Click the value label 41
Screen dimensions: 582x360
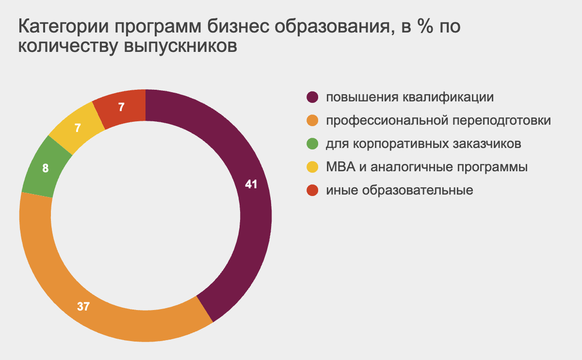click(251, 184)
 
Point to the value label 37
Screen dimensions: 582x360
click(83, 307)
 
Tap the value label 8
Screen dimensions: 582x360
click(46, 168)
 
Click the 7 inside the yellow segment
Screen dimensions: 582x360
click(78, 128)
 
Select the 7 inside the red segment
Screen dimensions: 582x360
click(121, 107)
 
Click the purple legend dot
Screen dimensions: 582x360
click(312, 97)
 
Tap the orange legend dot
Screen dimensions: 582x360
click(312, 121)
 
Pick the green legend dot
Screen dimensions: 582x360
click(312, 144)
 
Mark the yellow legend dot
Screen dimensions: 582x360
click(312, 167)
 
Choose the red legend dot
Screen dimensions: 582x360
click(312, 190)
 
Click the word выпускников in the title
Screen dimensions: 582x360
click(180, 47)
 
